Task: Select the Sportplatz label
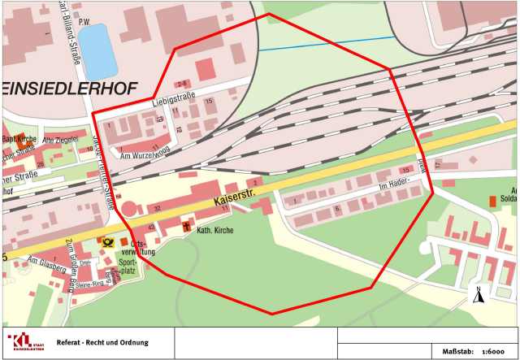[128, 267]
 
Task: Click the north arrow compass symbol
[479, 294]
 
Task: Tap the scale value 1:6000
[494, 349]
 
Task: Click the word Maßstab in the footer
[457, 349]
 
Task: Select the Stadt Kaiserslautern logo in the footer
[26, 342]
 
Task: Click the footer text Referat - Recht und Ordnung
[102, 342]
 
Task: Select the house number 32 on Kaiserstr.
[157, 210]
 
